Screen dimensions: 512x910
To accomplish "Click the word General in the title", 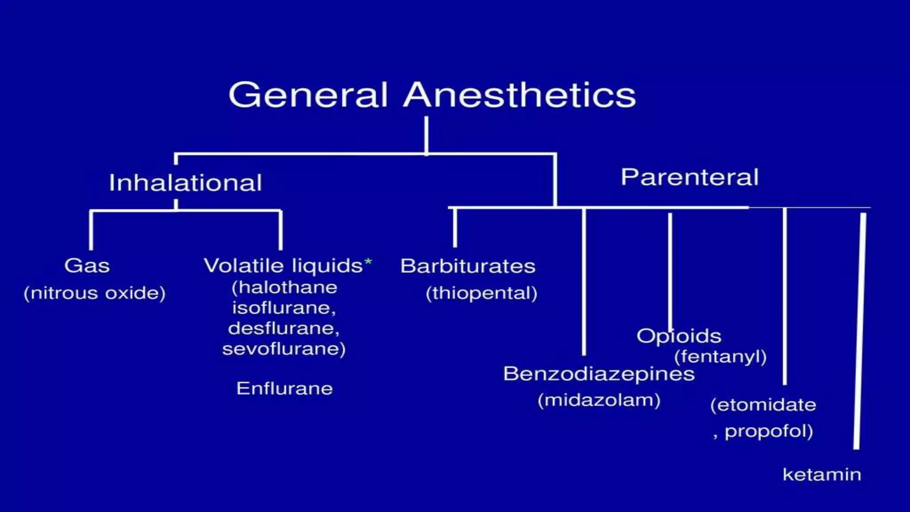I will (x=308, y=95).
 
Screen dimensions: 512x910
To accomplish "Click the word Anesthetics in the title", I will (x=519, y=95).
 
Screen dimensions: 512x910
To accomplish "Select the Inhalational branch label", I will (x=185, y=183).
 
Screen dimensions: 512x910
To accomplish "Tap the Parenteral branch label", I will (x=689, y=177).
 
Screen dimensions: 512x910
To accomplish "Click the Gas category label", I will (x=87, y=266).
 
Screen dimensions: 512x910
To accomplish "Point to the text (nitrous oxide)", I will (x=95, y=293).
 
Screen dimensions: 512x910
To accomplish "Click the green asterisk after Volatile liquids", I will (x=368, y=263).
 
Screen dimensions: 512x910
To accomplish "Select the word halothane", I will (x=287, y=287).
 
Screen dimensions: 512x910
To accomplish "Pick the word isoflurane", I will (x=283, y=308).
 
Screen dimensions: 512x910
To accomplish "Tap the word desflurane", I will (x=283, y=328).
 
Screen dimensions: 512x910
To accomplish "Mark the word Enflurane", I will (x=284, y=388).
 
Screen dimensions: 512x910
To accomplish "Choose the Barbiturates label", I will (x=468, y=266).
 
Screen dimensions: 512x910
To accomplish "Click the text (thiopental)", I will (x=482, y=293).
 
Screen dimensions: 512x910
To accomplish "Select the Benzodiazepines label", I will (x=599, y=374).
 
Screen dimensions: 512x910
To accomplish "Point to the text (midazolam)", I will (x=599, y=400).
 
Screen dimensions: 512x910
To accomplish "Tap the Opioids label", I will (x=679, y=336).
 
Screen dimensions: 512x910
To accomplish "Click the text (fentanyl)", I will (x=720, y=356).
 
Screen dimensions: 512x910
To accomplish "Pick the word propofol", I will (x=768, y=431).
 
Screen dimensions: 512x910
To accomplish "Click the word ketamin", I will (x=822, y=475).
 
